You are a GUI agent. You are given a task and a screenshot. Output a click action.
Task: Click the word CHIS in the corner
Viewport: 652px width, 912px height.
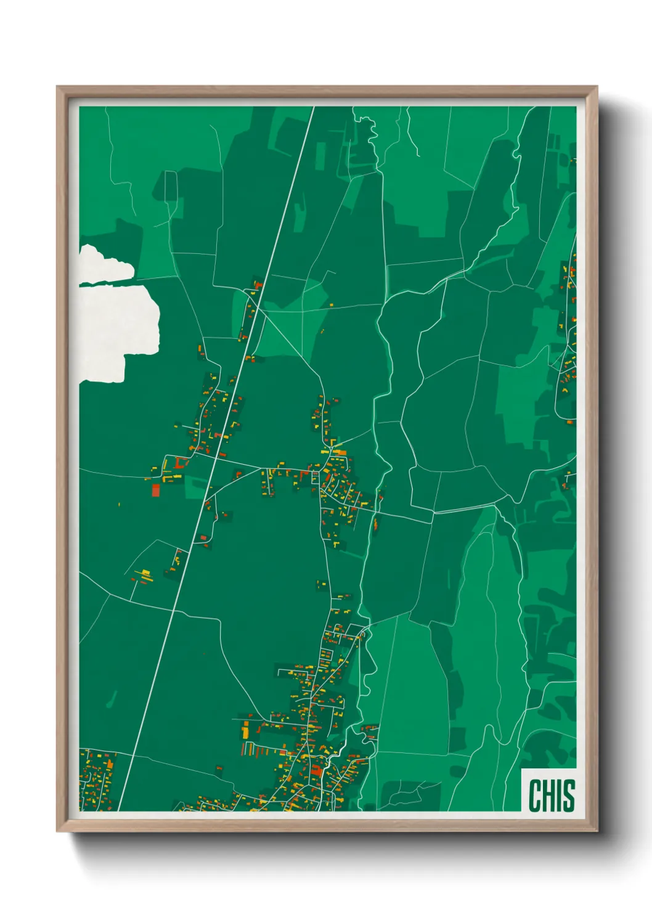pyautogui.click(x=552, y=796)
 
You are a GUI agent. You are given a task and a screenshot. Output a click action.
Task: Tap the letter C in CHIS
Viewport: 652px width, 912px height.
pyautogui.click(x=534, y=796)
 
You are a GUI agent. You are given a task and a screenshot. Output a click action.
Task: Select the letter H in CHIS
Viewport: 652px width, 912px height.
pyautogui.click(x=548, y=796)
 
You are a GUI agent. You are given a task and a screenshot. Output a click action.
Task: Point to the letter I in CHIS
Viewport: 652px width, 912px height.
pyautogui.click(x=559, y=796)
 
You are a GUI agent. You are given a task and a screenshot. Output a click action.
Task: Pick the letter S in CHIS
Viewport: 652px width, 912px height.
pyautogui.click(x=568, y=796)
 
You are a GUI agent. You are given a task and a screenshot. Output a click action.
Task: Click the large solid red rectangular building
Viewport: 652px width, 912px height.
pyautogui.click(x=156, y=490)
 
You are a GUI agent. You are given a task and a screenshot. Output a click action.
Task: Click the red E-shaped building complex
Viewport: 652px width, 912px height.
pyautogui.click(x=180, y=462)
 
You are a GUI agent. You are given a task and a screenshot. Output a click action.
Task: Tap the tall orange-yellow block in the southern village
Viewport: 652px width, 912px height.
pyautogui.click(x=245, y=731)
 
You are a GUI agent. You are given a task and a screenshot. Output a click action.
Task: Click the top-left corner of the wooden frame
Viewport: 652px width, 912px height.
pyautogui.click(x=57, y=87)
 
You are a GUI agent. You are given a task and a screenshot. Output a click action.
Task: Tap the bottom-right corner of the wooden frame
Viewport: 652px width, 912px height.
pyautogui.click(x=597, y=831)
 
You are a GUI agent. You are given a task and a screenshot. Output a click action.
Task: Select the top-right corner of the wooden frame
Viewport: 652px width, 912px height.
pyautogui.click(x=597, y=87)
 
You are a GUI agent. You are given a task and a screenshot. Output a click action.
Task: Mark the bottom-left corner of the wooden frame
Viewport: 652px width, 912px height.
pyautogui.click(x=57, y=831)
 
